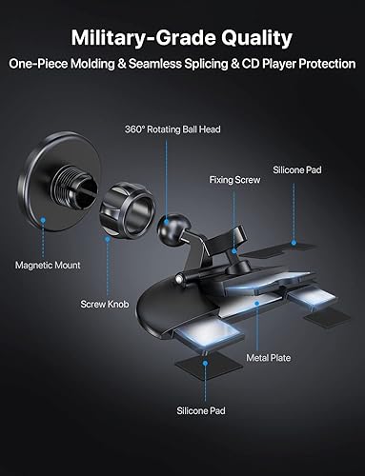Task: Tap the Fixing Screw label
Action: (x=234, y=178)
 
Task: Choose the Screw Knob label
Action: (x=102, y=306)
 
